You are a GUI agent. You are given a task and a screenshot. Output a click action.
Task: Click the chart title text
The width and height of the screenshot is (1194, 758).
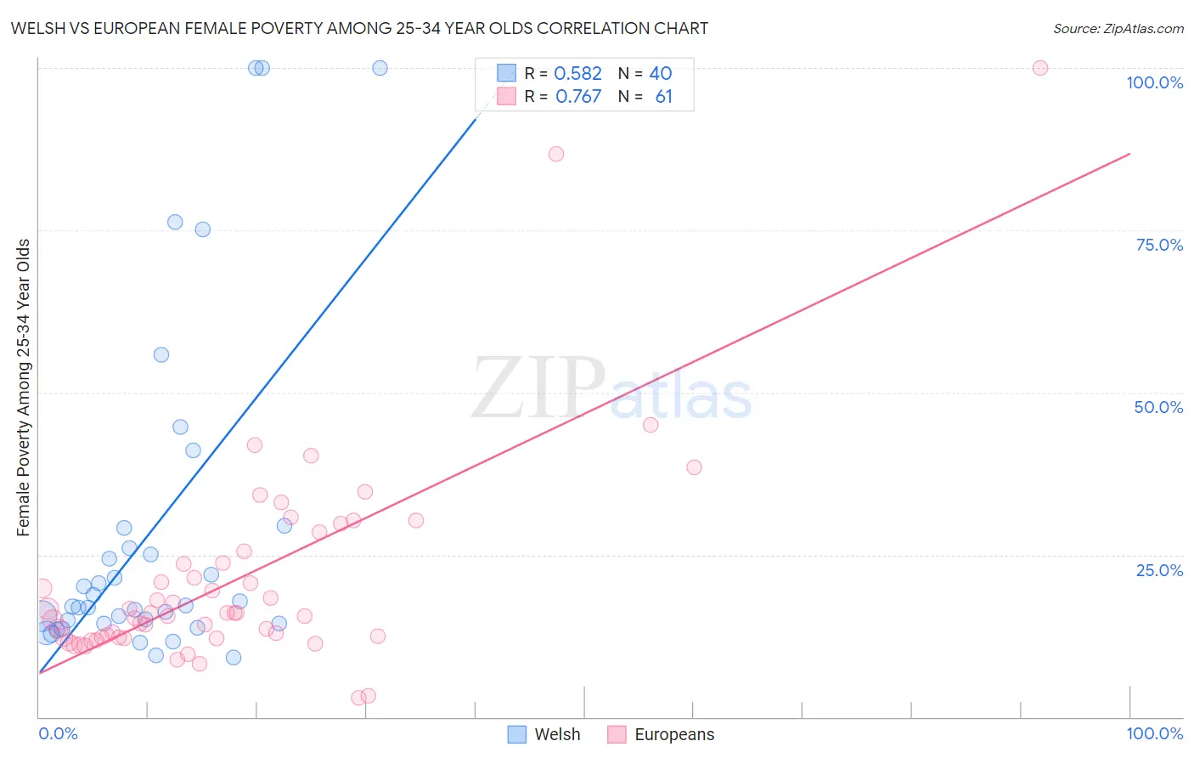[359, 28]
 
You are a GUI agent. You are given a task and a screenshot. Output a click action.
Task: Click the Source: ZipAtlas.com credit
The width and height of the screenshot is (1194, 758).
[1118, 28]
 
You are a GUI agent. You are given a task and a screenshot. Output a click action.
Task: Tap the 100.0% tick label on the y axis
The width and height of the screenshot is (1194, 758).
[1154, 82]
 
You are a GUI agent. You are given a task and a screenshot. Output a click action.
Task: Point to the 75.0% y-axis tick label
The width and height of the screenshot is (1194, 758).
[1159, 245]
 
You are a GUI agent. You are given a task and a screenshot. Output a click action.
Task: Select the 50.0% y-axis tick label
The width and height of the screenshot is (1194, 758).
[1158, 407]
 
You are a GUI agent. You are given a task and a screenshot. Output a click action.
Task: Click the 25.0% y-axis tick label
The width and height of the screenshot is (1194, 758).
[1159, 570]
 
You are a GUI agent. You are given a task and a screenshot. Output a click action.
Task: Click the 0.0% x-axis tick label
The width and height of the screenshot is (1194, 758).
[59, 733]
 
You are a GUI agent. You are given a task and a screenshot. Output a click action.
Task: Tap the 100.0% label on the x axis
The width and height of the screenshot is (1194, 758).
[1154, 733]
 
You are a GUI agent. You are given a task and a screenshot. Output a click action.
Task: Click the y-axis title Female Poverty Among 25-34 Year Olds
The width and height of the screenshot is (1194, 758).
[24, 387]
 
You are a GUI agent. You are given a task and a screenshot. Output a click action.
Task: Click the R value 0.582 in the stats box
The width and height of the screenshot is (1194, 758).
[577, 74]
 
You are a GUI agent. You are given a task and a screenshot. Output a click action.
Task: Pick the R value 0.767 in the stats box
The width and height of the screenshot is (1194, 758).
[578, 97]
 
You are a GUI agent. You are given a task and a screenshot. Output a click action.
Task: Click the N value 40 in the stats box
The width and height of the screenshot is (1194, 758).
[661, 74]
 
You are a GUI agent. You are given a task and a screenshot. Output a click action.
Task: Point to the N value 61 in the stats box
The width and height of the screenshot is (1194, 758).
[663, 97]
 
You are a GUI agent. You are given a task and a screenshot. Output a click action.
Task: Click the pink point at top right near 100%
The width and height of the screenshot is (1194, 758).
[1040, 68]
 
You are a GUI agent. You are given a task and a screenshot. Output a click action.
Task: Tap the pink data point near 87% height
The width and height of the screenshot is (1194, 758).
[556, 154]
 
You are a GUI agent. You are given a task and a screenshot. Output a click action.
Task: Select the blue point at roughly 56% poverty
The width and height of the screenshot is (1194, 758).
[161, 355]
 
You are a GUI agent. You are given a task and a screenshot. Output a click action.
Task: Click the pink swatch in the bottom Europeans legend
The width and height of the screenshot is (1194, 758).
[617, 734]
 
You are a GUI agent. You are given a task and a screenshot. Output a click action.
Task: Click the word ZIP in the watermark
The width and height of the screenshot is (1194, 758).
[538, 389]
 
